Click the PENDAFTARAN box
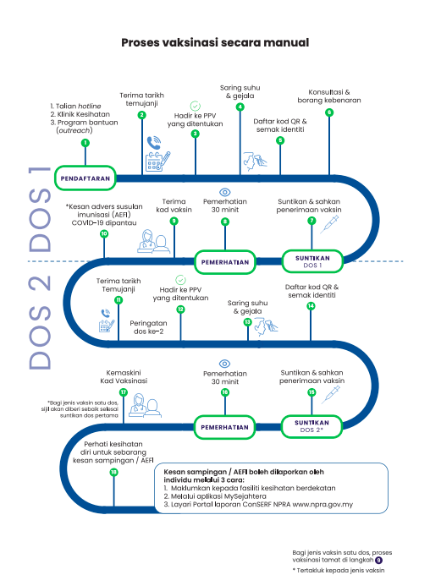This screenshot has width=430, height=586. tap(85, 178)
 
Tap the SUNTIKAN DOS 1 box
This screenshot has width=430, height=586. tap(312, 261)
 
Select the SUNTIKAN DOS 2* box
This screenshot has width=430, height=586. tap(311, 426)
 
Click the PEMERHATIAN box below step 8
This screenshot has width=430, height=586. tap(225, 262)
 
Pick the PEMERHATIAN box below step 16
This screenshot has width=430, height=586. tap(224, 427)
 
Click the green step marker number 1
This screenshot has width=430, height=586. tap(85, 143)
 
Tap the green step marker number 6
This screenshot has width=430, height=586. tap(329, 112)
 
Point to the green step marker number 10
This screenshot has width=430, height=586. tap(104, 233)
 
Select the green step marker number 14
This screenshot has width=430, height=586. tap(311, 306)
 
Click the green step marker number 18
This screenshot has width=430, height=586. tap(113, 472)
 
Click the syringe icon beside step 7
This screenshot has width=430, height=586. tap(329, 225)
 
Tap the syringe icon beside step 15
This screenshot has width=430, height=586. tap(330, 395)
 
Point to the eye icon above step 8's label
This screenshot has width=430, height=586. tap(225, 192)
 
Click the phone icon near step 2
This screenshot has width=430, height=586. tap(153, 142)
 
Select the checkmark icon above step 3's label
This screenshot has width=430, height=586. tap(195, 106)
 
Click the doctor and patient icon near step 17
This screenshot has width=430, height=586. tap(146, 405)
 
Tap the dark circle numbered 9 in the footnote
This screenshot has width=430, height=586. tap(378, 561)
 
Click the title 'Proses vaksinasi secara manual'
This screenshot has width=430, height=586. tap(215, 42)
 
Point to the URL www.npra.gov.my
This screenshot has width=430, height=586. tap(322, 505)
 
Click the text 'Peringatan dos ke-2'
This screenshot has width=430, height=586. tap(149, 327)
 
